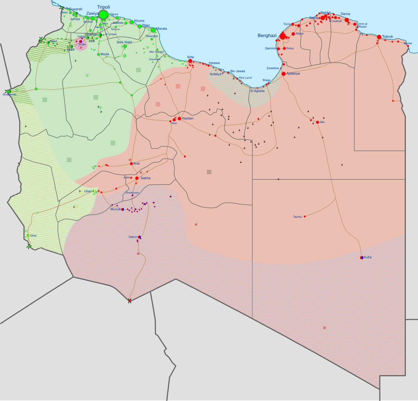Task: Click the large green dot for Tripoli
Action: [x=103, y=15]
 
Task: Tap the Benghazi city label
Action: [x=267, y=36]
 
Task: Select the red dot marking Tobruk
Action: [x=379, y=37]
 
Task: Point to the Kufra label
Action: [x=367, y=257]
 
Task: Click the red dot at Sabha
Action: [x=137, y=178]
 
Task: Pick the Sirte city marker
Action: [x=190, y=61]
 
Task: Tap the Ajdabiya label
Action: [x=293, y=74]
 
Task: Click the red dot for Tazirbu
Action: [x=304, y=216]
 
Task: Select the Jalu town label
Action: [x=322, y=122]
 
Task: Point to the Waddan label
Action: [x=187, y=118]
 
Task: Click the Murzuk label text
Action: [x=115, y=209]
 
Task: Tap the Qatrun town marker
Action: [x=139, y=237]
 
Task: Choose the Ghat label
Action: [x=33, y=236]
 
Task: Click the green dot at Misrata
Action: [x=153, y=30]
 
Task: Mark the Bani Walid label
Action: [x=124, y=42]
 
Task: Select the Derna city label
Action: [x=345, y=14]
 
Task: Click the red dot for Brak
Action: [x=131, y=163]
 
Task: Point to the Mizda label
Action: [x=104, y=54]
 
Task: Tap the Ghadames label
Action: [x=9, y=94]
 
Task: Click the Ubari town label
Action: [x=88, y=191]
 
